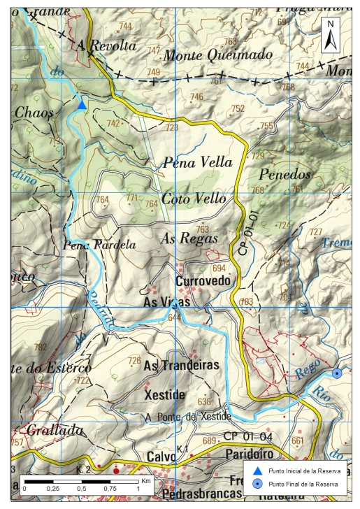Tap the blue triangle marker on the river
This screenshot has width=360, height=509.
82,105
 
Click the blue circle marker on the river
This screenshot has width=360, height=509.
338,373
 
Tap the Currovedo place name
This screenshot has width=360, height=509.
203,281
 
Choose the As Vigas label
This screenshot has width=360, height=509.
166,302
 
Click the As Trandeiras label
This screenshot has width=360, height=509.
181,365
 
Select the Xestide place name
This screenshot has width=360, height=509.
164,395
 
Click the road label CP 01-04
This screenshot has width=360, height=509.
250,436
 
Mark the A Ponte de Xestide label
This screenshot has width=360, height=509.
187,417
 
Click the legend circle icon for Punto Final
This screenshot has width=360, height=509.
257,484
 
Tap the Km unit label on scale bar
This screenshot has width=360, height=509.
146,481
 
